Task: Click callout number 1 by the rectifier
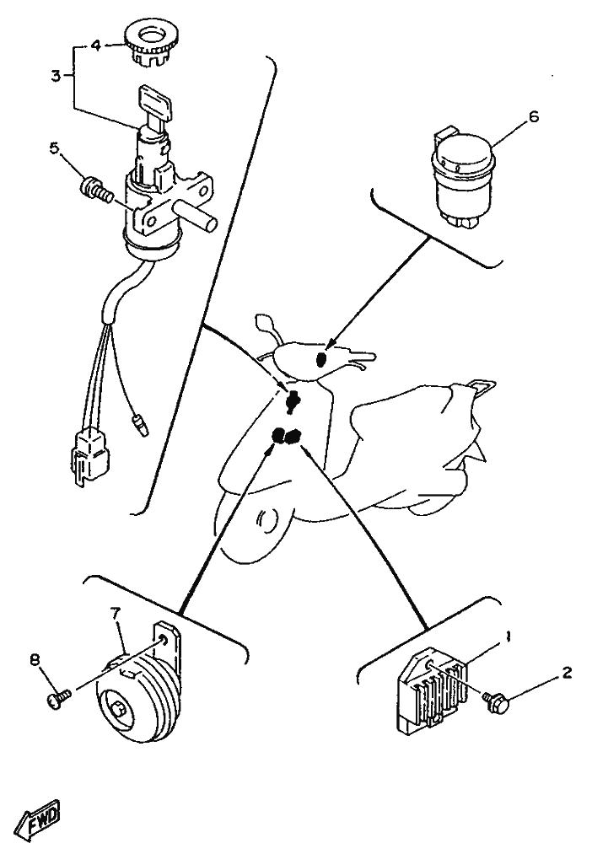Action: [508, 636]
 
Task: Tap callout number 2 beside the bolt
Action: [567, 674]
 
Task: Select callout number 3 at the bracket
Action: [57, 76]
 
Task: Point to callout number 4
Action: [96, 46]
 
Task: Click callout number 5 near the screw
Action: [55, 148]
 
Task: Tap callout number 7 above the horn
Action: [115, 613]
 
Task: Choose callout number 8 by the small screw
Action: [35, 660]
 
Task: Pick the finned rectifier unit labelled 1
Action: [433, 689]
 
